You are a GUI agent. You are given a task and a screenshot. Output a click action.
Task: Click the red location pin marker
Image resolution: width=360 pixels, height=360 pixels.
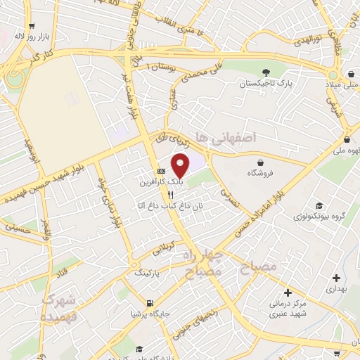click(x=181, y=166)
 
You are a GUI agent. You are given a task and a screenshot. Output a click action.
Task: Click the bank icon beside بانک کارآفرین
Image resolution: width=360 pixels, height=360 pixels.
click(x=161, y=171)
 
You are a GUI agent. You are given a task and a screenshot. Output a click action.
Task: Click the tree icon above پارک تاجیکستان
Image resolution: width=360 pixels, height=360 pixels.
click(x=266, y=72)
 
